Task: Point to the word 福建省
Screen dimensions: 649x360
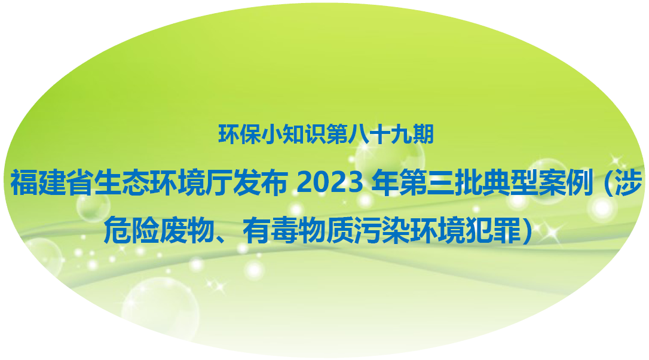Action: pyautogui.click(x=52, y=182)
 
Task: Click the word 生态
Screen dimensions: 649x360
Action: pyautogui.click(x=121, y=182)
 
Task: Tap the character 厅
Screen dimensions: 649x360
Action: pyautogui.click(x=219, y=182)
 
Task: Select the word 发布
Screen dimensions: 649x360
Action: pyautogui.click(x=260, y=182)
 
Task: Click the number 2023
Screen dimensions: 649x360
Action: pyautogui.click(x=329, y=183)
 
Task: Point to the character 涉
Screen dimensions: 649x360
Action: pyautogui.click(x=628, y=182)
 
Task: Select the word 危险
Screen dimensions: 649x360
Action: pyautogui.click(x=131, y=230)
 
